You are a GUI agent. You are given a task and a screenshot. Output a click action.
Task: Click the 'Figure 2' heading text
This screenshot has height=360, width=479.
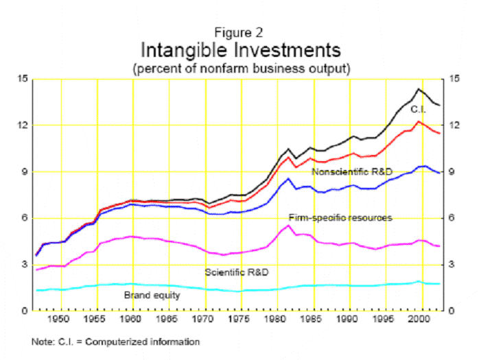pyautogui.click(x=239, y=32)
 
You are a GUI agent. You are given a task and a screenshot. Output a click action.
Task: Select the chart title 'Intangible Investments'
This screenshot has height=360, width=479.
pyautogui.click(x=239, y=51)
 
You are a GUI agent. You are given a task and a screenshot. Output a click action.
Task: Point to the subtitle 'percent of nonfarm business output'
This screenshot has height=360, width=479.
pyautogui.click(x=239, y=69)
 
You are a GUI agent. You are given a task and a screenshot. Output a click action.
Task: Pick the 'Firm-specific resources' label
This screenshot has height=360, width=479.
pyautogui.click(x=340, y=217)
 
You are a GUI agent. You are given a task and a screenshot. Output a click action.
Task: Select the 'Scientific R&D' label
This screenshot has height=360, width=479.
pyautogui.click(x=237, y=272)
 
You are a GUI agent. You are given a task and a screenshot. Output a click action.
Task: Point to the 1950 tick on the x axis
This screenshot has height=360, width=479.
pyautogui.click(x=62, y=320)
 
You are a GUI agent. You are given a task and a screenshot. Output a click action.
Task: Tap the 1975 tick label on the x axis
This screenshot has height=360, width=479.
pyautogui.click(x=239, y=320)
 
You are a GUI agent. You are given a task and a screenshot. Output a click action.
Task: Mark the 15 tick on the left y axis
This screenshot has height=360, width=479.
pyautogui.click(x=23, y=79)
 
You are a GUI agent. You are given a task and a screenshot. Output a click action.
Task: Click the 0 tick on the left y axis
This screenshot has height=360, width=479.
pyautogui.click(x=25, y=311)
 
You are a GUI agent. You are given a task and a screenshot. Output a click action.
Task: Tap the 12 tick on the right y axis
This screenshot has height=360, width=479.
pyautogui.click(x=454, y=125)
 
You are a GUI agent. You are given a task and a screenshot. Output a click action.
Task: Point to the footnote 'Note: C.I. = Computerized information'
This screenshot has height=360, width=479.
pyautogui.click(x=115, y=341)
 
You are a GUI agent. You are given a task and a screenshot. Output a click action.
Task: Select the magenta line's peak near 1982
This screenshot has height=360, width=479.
pyautogui.click(x=289, y=225)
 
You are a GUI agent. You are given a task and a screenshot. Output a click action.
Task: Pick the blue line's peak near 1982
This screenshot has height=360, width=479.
pyautogui.click(x=289, y=178)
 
